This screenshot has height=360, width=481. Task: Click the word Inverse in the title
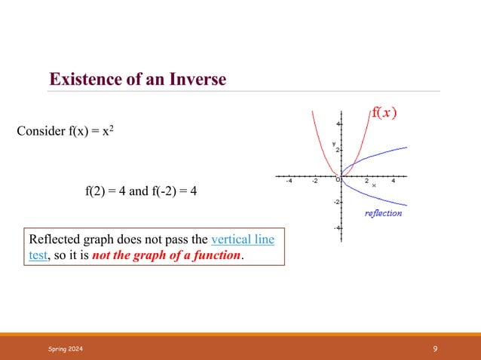[x=196, y=78]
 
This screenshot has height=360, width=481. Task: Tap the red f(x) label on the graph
[x=384, y=114]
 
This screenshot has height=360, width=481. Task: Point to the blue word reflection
[x=383, y=213]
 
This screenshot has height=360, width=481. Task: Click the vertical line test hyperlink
[x=243, y=240]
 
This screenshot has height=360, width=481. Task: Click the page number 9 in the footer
[x=436, y=349]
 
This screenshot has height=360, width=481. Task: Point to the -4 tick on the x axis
[x=289, y=181]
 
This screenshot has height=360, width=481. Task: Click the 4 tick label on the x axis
[x=394, y=181]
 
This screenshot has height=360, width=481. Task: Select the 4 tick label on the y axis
[x=339, y=124]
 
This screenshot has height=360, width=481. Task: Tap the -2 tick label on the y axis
[x=338, y=202]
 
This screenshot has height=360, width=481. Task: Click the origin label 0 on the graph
[x=339, y=179]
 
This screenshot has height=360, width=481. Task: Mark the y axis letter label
[x=333, y=143]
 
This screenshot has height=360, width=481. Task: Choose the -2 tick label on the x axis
[x=314, y=181]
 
